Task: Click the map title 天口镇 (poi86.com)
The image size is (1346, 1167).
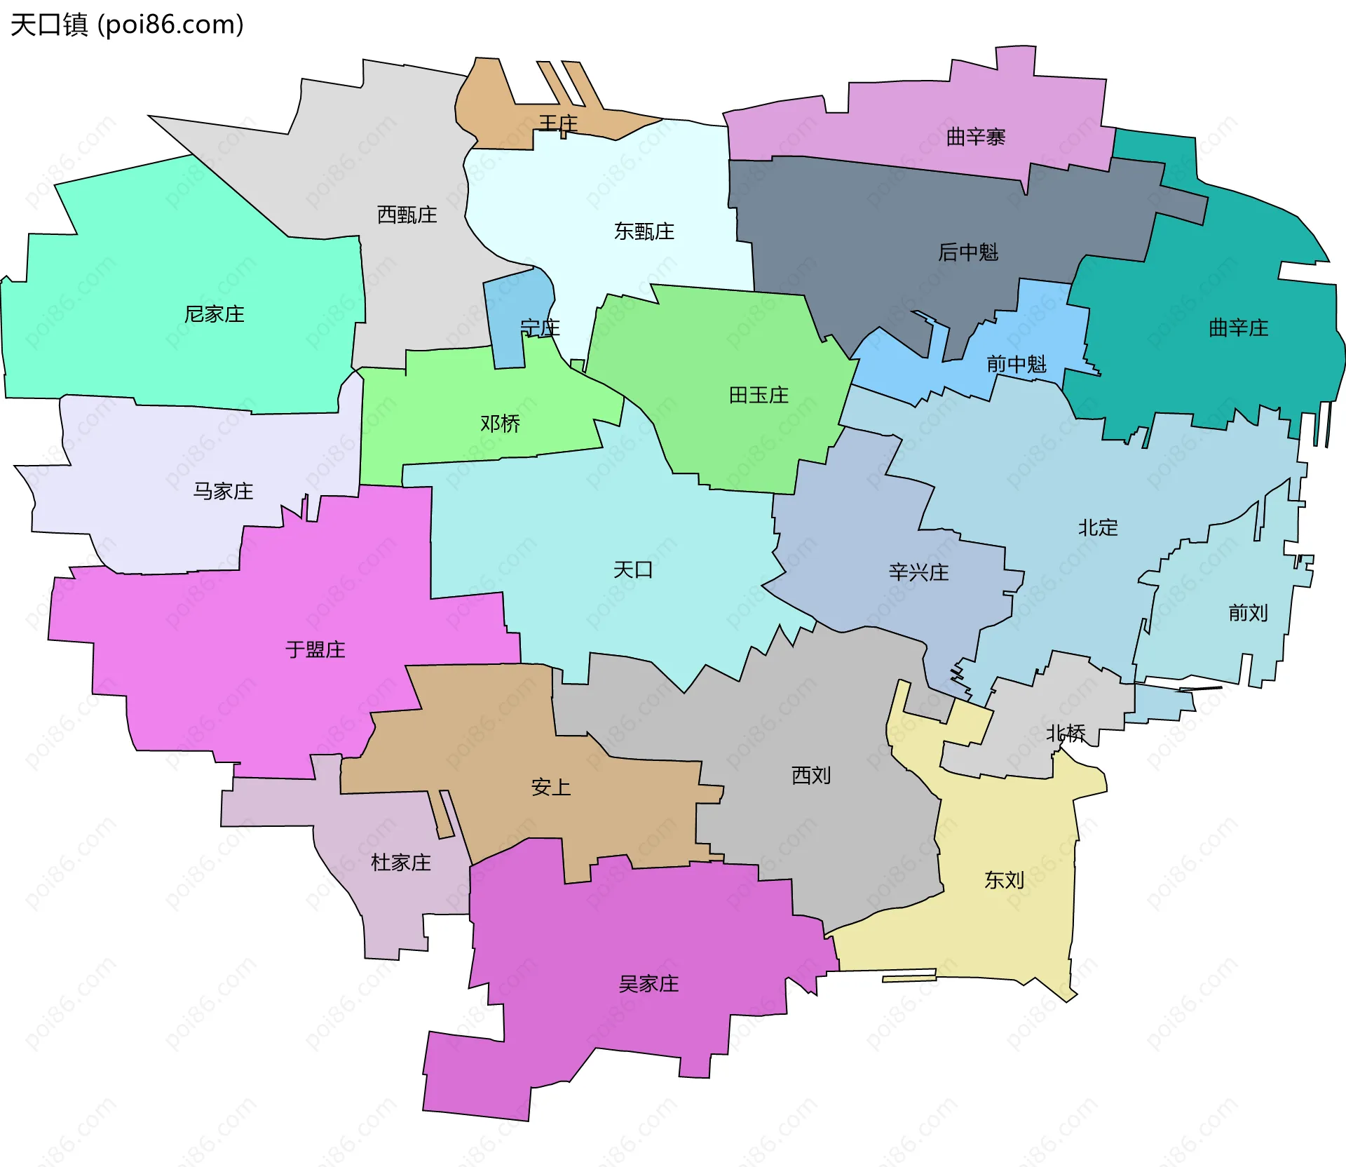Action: click(127, 25)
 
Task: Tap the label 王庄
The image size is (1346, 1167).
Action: click(558, 123)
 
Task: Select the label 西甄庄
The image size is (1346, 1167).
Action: click(407, 215)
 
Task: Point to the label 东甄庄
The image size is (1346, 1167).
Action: click(644, 231)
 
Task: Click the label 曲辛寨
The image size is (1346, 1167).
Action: click(975, 137)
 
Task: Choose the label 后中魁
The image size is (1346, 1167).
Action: click(967, 252)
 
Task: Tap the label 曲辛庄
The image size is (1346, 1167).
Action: click(1238, 328)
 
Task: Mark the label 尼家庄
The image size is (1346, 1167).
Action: click(214, 314)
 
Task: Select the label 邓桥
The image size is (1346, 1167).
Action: click(500, 424)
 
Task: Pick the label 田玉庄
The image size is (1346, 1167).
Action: click(759, 395)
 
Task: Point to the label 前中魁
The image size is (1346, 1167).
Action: click(1016, 364)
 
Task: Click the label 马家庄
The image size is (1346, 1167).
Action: click(223, 491)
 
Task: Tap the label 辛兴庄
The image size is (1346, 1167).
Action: click(918, 572)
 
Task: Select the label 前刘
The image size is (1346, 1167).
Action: click(1248, 613)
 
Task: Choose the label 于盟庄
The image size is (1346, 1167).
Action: click(315, 649)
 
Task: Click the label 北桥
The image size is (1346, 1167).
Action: click(1066, 734)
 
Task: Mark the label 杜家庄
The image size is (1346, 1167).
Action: click(400, 863)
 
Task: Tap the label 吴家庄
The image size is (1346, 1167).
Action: click(648, 984)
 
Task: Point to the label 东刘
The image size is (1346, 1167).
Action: click(1004, 880)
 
